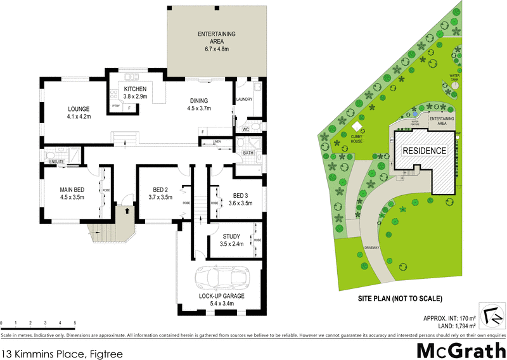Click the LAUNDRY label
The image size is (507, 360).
(x=244, y=100)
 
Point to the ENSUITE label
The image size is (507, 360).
(x=57, y=162)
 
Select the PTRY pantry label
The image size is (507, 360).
(x=116, y=106)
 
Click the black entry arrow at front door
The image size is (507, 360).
(x=127, y=209)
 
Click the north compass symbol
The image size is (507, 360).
(x=491, y=315)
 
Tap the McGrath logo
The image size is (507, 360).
(x=460, y=349)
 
